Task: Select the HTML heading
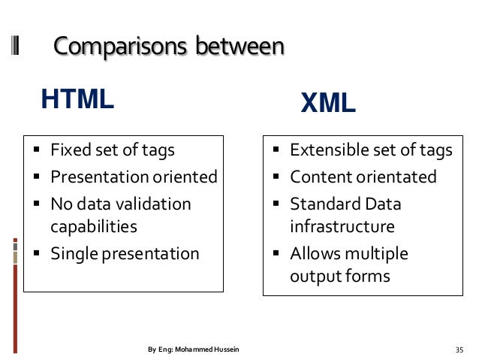(77, 98)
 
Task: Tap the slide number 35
(459, 349)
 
